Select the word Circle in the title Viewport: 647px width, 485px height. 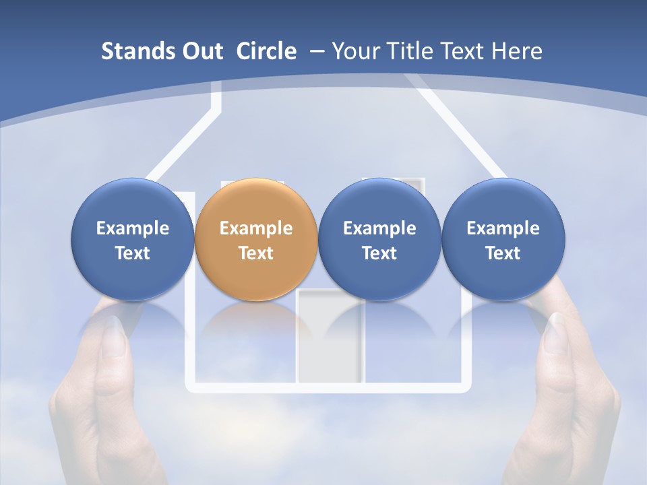tap(266, 51)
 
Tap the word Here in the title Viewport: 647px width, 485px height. tap(516, 51)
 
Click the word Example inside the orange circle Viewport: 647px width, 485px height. tap(256, 228)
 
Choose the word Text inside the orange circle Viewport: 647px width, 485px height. tap(256, 253)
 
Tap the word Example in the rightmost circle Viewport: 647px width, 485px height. tap(503, 228)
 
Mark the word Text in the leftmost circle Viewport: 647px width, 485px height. tap(133, 253)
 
